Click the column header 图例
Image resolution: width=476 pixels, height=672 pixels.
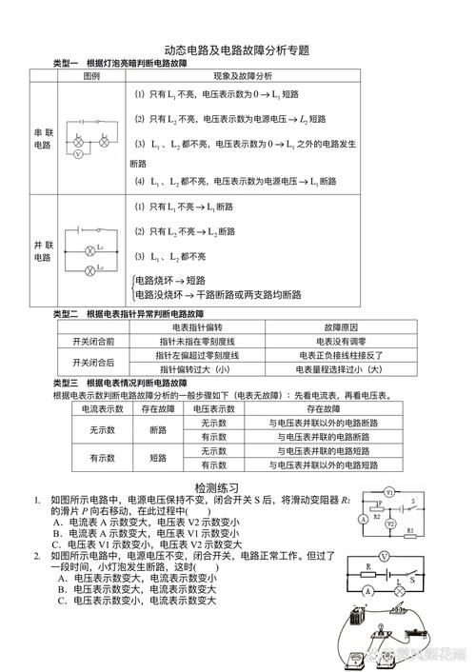pyautogui.click(x=91, y=75)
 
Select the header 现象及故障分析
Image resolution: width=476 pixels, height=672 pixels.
pyautogui.click(x=242, y=75)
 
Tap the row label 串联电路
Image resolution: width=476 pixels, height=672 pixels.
pyautogui.click(x=43, y=138)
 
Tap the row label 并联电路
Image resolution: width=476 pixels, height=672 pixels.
pyautogui.click(x=43, y=250)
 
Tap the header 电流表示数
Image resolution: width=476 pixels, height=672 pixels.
pyautogui.click(x=98, y=407)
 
